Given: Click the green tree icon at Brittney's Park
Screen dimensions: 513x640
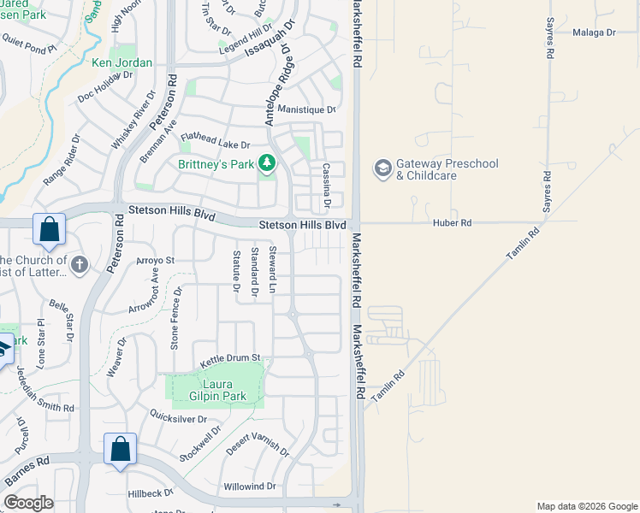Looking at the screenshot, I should [x=267, y=162].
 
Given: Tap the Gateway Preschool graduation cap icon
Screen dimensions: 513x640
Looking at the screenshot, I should [x=382, y=168].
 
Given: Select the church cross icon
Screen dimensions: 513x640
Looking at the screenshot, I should [x=80, y=264].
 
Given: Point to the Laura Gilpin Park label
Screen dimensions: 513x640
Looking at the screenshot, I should [x=211, y=390].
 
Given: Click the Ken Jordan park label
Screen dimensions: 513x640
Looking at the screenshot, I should [x=121, y=62].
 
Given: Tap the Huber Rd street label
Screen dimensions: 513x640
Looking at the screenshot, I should [x=453, y=222].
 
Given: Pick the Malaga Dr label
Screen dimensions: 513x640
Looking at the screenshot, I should [x=594, y=32].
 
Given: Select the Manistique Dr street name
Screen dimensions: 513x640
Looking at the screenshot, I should [x=306, y=109].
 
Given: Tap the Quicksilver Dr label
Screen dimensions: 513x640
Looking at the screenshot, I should [x=179, y=419].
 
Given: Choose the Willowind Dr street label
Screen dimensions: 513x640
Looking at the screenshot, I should [x=250, y=486].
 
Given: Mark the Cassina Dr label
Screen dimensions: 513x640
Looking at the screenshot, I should [x=326, y=186].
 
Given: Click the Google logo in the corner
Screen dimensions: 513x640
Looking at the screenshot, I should [x=29, y=503].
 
